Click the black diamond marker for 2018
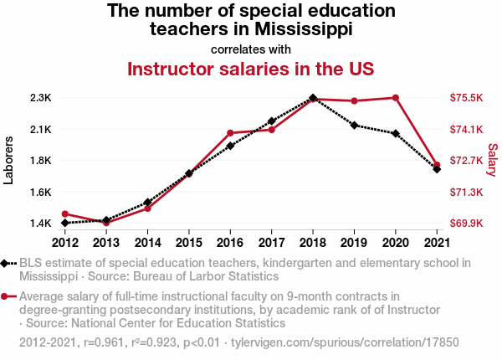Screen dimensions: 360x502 coord(313,98)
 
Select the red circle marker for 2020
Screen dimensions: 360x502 coord(395,98)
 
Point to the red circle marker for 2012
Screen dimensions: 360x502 coord(64,214)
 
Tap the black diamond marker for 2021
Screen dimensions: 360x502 coord(437,169)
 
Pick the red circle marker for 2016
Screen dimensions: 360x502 coord(230,133)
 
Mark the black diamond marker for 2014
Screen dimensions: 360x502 coord(147,203)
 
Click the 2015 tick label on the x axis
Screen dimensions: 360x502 coord(189,243)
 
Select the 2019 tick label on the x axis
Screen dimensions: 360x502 coord(354,243)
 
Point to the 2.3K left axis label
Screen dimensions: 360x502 coord(39,98)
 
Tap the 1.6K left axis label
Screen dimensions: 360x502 coord(39,193)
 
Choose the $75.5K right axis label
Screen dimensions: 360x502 coord(467,98)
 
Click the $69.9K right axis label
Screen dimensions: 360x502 coord(467,224)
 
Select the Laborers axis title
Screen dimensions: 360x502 coord(9,161)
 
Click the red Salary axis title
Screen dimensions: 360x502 coord(492,161)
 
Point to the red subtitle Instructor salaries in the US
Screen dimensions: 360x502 coord(250,68)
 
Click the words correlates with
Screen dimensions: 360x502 coord(250,49)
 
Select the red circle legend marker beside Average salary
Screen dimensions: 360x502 coord(7,296)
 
